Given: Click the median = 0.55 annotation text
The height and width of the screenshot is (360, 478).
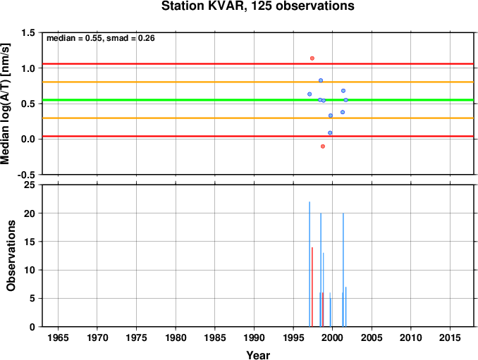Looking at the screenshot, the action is pyautogui.click(x=73, y=38).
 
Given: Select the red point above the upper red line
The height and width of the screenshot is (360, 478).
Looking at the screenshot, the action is pyautogui.click(x=312, y=58).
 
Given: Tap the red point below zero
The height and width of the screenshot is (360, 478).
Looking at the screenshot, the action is pyautogui.click(x=323, y=147).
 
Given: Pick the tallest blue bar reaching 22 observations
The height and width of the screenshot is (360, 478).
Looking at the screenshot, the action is pyautogui.click(x=310, y=264).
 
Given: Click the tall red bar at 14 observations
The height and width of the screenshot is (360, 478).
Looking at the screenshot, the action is pyautogui.click(x=312, y=287).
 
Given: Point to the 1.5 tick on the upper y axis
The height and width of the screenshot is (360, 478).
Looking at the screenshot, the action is pyautogui.click(x=28, y=33).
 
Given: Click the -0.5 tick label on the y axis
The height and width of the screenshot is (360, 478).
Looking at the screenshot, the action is pyautogui.click(x=27, y=175).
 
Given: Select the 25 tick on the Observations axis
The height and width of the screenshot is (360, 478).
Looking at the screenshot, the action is pyautogui.click(x=30, y=185).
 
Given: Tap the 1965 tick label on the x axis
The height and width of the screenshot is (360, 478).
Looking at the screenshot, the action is pyautogui.click(x=58, y=337).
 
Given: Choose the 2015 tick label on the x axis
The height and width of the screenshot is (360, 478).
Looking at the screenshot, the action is pyautogui.click(x=450, y=337).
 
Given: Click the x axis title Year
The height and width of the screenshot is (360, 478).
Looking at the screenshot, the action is pyautogui.click(x=258, y=355).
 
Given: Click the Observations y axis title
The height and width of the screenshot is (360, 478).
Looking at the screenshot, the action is pyautogui.click(x=11, y=256).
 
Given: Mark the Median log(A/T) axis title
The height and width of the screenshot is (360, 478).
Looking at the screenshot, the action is pyautogui.click(x=5, y=104).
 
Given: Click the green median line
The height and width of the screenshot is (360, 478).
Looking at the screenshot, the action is pyautogui.click(x=258, y=100).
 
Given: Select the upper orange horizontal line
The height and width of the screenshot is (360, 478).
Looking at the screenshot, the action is pyautogui.click(x=258, y=82).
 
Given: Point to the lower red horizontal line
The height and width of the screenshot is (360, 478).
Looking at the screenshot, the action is pyautogui.click(x=258, y=136).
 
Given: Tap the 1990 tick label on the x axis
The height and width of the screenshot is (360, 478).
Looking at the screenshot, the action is pyautogui.click(x=254, y=337).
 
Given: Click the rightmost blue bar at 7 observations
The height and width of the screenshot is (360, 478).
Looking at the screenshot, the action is pyautogui.click(x=345, y=306).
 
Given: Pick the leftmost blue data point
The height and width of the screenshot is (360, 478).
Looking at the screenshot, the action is pyautogui.click(x=310, y=94).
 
